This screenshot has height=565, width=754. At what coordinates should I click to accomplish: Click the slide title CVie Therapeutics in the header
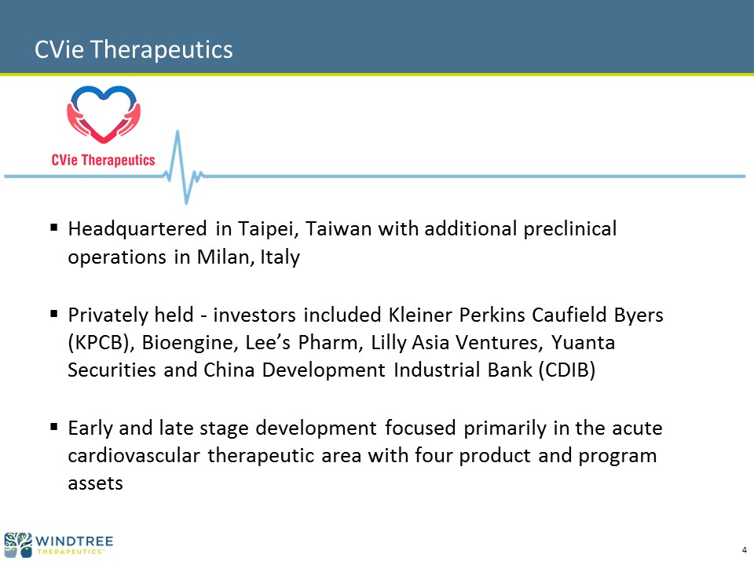point(134,49)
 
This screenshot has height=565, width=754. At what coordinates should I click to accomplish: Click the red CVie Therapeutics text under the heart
point(104,160)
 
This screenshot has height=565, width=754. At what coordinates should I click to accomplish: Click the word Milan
point(225,257)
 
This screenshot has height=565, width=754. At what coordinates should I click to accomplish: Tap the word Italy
point(280,257)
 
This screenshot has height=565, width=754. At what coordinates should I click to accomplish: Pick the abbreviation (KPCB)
point(101,343)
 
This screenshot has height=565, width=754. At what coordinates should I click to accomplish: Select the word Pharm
point(329,343)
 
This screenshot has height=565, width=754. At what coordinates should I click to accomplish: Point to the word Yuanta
point(583,343)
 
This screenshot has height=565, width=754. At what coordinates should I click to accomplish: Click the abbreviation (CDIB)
point(567,370)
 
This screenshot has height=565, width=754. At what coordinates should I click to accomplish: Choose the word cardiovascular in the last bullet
point(134,455)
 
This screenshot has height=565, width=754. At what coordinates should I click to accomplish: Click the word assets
point(95,483)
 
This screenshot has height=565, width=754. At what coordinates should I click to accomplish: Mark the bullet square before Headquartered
point(54,227)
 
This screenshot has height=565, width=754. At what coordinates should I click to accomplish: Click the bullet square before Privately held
point(54,314)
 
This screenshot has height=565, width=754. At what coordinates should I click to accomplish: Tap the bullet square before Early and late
point(54,427)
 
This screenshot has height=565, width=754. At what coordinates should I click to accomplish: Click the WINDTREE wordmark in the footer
point(74,541)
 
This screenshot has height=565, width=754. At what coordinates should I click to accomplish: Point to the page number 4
point(745,551)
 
